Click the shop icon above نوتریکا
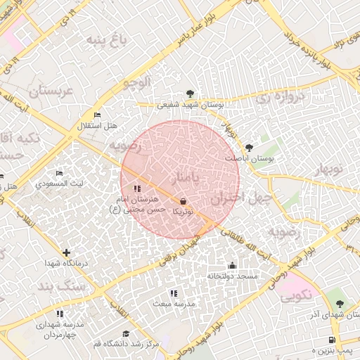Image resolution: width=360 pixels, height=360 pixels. [x=183, y=201]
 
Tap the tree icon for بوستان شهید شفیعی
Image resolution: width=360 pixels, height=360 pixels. [x=190, y=93]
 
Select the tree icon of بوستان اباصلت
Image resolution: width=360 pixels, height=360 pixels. [x=250, y=148]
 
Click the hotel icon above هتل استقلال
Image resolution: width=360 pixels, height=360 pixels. [x=97, y=115]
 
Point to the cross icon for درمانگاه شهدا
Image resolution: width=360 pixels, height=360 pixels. [x=66, y=252]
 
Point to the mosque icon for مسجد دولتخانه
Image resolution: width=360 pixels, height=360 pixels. [x=232, y=265]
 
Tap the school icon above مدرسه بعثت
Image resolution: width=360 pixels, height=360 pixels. [x=174, y=292]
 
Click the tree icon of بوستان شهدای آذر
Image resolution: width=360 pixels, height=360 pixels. [x=340, y=304]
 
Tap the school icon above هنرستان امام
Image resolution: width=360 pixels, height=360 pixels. [x=136, y=188]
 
